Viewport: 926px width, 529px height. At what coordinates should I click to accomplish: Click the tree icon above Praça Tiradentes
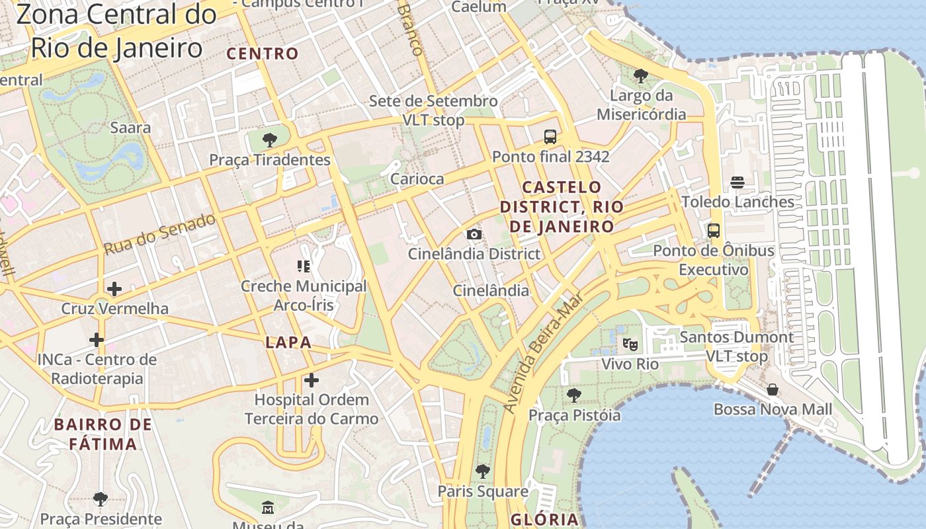pyautogui.click(x=269, y=140)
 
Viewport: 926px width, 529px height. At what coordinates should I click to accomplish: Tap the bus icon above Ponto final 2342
pyautogui.click(x=550, y=137)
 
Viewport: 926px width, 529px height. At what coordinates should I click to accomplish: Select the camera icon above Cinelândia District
pyautogui.click(x=474, y=234)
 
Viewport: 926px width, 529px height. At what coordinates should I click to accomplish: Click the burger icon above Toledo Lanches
pyautogui.click(x=737, y=183)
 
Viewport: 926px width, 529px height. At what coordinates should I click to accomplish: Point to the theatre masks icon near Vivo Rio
pyautogui.click(x=630, y=344)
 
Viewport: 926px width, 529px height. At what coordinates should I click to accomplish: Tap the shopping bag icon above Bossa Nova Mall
pyautogui.click(x=773, y=389)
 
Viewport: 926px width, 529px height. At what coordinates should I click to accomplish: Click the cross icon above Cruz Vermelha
pyautogui.click(x=114, y=289)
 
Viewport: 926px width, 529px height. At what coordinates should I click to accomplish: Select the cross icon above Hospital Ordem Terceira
pyautogui.click(x=312, y=380)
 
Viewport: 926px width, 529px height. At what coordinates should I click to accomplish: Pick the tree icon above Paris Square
pyautogui.click(x=483, y=471)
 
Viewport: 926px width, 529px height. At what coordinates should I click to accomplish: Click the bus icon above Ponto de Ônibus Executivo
pyautogui.click(x=714, y=231)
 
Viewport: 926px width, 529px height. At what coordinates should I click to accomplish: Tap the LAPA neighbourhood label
pyautogui.click(x=288, y=343)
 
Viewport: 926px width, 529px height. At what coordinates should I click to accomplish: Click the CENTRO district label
pyautogui.click(x=263, y=54)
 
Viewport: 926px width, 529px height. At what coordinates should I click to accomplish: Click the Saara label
pyautogui.click(x=130, y=128)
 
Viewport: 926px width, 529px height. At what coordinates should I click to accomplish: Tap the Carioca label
pyautogui.click(x=417, y=179)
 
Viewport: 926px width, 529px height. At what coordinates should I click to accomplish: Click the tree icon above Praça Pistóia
pyautogui.click(x=574, y=395)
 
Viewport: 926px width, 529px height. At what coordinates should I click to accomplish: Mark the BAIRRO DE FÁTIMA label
pyautogui.click(x=103, y=434)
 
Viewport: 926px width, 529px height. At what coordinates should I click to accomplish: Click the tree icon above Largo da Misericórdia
pyautogui.click(x=640, y=76)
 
